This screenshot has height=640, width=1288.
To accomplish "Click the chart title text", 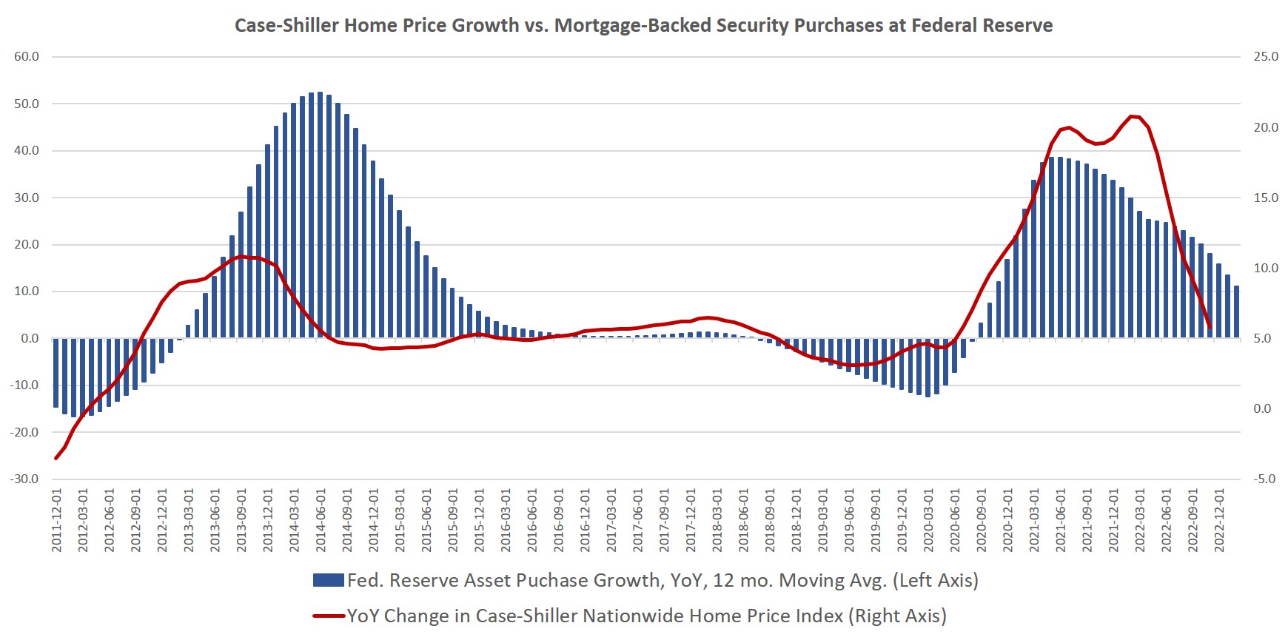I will pyautogui.click(x=643, y=25).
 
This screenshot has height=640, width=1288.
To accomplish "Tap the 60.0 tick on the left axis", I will pyautogui.click(x=27, y=57).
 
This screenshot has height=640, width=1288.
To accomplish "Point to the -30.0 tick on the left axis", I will pyautogui.click(x=25, y=479).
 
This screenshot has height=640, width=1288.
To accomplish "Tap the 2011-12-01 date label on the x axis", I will pyautogui.click(x=57, y=519).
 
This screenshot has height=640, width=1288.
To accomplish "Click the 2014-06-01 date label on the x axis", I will pyautogui.click(x=321, y=519).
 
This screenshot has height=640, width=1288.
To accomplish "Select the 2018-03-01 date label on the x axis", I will pyautogui.click(x=717, y=519).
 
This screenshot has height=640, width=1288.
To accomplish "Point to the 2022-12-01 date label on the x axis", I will pyautogui.click(x=1218, y=519).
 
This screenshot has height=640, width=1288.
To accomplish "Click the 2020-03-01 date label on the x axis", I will pyautogui.click(x=928, y=519).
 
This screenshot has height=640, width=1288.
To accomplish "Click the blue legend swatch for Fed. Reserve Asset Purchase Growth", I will pyautogui.click(x=328, y=581).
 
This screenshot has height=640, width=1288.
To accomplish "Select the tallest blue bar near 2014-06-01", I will pyautogui.click(x=320, y=215).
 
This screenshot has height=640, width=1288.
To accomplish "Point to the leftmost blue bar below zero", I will pyautogui.click(x=56, y=373).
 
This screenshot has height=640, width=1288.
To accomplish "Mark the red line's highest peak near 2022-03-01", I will pyautogui.click(x=1133, y=116).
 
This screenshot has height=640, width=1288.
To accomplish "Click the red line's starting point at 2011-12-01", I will pyautogui.click(x=56, y=458).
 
